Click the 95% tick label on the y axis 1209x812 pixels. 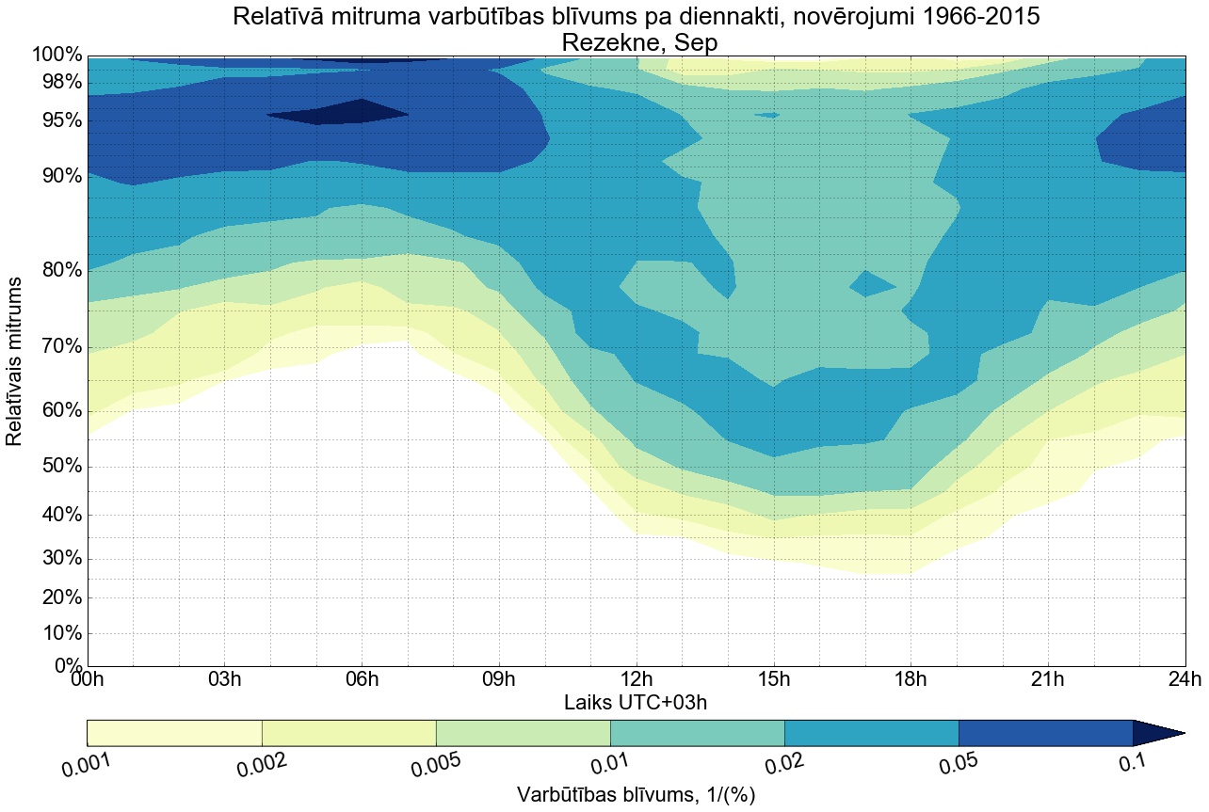(56, 121)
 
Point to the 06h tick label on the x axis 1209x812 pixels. (362, 680)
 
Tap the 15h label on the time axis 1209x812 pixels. (773, 680)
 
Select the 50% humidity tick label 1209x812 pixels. (56, 468)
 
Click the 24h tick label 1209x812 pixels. (1185, 680)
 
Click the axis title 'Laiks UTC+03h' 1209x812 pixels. (636, 702)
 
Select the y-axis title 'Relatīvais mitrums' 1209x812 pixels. (16, 361)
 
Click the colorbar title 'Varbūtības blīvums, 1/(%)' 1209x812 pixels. (637, 794)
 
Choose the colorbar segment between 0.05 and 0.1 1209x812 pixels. (1045, 733)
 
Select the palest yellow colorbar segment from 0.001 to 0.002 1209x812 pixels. (174, 733)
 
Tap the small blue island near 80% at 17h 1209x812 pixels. (871, 283)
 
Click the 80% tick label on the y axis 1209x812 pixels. (56, 271)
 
